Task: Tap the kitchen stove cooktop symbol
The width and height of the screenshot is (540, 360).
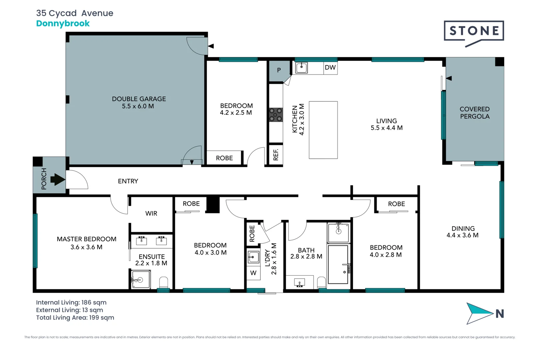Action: (276, 115)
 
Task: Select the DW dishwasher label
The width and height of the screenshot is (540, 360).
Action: (330, 68)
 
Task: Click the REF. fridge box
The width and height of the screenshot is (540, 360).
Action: (276, 155)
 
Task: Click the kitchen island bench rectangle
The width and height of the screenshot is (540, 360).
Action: (323, 130)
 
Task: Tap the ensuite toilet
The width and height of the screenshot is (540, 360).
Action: (164, 282)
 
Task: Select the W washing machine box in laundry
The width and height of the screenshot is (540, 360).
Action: (253, 273)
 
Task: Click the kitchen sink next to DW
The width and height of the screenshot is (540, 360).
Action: (301, 68)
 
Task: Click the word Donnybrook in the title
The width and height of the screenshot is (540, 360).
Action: (63, 23)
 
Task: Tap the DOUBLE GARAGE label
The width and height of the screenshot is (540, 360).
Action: (139, 99)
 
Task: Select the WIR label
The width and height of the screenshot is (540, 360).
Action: (151, 213)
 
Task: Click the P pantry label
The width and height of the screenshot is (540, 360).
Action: (279, 70)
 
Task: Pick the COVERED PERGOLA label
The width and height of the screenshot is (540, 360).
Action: (475, 113)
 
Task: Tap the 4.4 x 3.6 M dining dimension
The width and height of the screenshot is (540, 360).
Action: (463, 235)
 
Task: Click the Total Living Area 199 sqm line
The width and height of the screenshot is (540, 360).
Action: (75, 318)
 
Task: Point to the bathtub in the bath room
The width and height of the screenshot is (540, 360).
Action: (338, 265)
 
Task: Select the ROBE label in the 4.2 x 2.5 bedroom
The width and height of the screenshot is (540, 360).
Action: (224, 158)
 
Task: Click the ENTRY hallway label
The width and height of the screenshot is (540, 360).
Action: (128, 181)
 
